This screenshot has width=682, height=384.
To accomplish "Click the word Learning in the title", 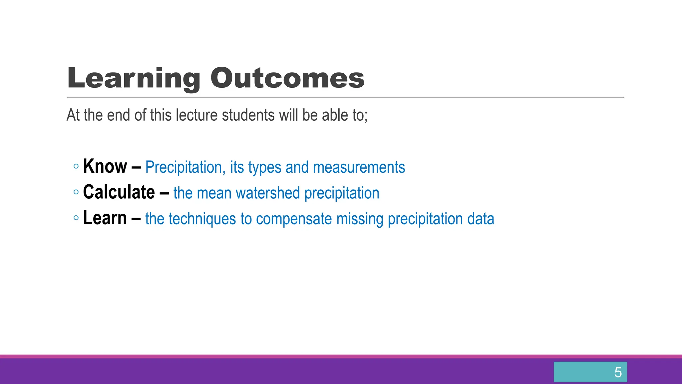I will tap(133, 78).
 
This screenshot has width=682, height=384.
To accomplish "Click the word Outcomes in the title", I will tap(287, 78).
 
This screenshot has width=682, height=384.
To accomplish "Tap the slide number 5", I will tap(618, 372).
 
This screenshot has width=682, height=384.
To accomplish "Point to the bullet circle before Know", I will tap(76, 166).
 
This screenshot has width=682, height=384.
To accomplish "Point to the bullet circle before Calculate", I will tap(76, 192).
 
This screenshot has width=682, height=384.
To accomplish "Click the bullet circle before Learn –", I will tap(76, 218).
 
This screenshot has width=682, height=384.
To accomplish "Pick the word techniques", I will tap(202, 219).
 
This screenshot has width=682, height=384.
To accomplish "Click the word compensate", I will tap(294, 219).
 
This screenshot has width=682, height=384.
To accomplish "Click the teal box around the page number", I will tap(579, 372).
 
